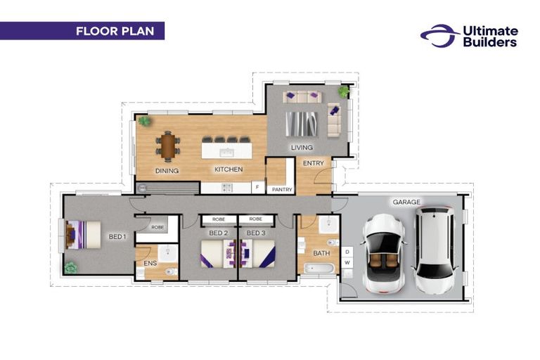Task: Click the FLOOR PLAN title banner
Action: [x=82, y=31]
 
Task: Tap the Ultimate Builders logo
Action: [x=469, y=36]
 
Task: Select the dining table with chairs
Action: [x=168, y=146]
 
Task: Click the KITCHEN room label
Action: [x=229, y=169]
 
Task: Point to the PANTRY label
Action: [x=282, y=189]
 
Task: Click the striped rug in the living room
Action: [x=302, y=124]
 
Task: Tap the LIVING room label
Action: [x=302, y=148]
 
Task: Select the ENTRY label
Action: [x=314, y=163]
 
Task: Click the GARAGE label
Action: [x=406, y=202]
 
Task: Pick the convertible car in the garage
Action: [x=383, y=254]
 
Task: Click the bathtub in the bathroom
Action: [x=319, y=269]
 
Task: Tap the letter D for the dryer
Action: [x=347, y=252]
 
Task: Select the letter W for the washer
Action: [x=347, y=263]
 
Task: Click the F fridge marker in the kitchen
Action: [x=257, y=188]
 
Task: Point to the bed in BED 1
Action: [x=83, y=235]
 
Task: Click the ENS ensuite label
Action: [x=150, y=263]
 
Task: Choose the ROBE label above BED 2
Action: [x=219, y=219]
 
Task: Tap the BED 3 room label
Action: [x=256, y=233]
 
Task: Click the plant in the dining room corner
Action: [x=144, y=121]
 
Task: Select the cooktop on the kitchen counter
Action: [x=226, y=188]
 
